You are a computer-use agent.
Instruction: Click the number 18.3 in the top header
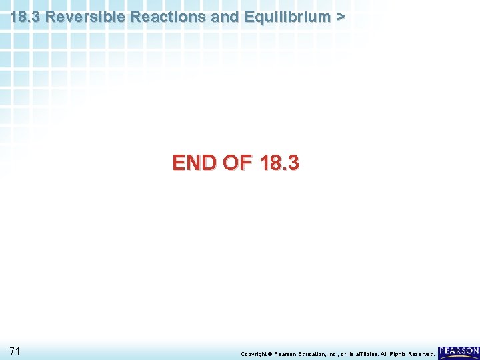(26, 17)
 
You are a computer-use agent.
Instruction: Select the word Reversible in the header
(87, 17)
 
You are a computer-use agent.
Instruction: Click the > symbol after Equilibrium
(341, 17)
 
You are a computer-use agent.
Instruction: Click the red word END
(195, 163)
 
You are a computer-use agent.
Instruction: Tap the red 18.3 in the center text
(281, 163)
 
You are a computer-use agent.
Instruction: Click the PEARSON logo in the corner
(459, 351)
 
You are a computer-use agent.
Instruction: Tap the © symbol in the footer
(271, 353)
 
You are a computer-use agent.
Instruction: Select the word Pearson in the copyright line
(286, 353)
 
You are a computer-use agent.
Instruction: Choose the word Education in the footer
(315, 353)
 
